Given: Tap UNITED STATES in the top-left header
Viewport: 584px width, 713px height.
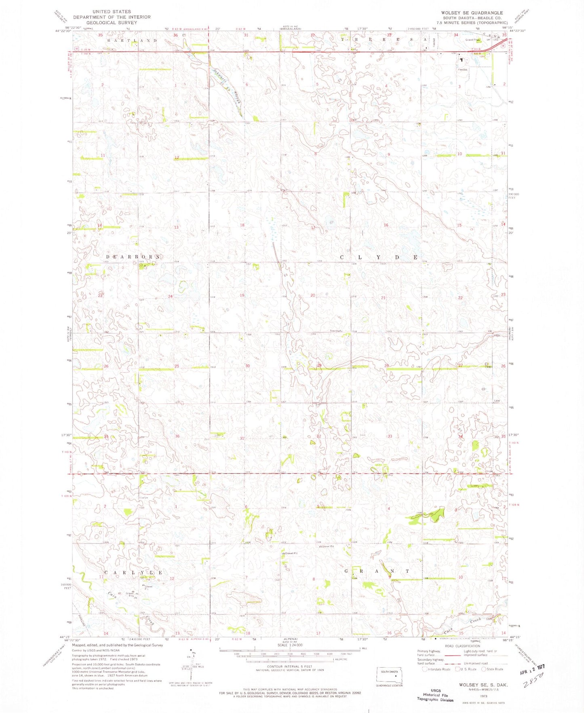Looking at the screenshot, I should click(112, 12).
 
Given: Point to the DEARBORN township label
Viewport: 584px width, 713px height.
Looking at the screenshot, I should click(133, 257).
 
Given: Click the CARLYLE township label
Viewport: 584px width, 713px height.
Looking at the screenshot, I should click(134, 573).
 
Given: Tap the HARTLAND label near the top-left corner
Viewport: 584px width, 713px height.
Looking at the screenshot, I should click(132, 41).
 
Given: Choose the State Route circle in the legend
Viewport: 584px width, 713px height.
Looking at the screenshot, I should click(484, 669).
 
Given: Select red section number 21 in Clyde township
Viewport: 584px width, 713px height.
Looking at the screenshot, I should click(383, 298).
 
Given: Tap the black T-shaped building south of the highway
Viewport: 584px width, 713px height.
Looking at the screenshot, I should click(461, 59).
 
